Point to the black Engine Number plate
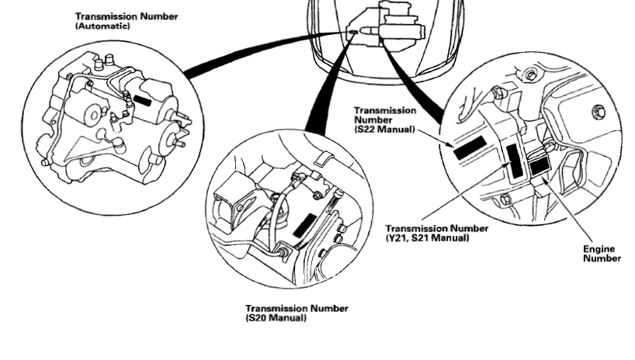point(540,165)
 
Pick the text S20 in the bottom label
point(259,316)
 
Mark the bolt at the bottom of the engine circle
point(506,201)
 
